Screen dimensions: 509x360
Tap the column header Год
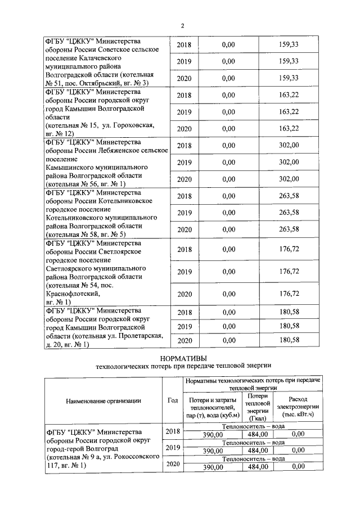(x=173, y=400)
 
